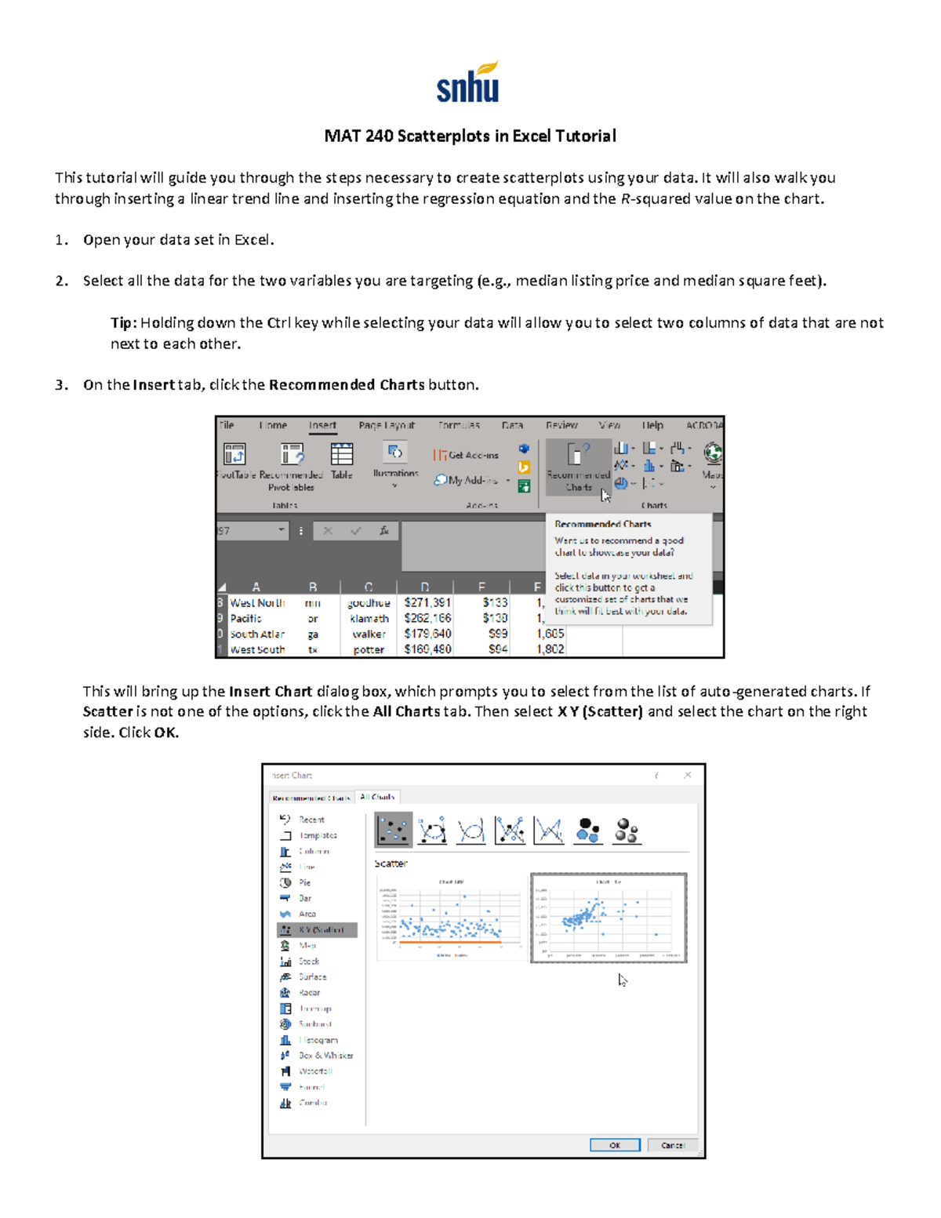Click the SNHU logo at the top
pyautogui.click(x=468, y=83)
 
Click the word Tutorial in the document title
pyautogui.click(x=585, y=136)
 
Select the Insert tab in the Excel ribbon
pyautogui.click(x=322, y=425)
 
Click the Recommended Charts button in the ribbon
pyautogui.click(x=578, y=467)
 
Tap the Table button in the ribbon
pyautogui.click(x=341, y=461)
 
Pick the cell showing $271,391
pyautogui.click(x=427, y=603)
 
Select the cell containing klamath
pyautogui.click(x=369, y=619)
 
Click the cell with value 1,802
pyautogui.click(x=550, y=649)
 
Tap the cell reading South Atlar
pyautogui.click(x=257, y=634)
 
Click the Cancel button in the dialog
pyautogui.click(x=672, y=1145)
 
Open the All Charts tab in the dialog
pyautogui.click(x=377, y=797)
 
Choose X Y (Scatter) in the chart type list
pyautogui.click(x=318, y=930)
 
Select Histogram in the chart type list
pyautogui.click(x=318, y=1040)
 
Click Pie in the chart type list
pyautogui.click(x=304, y=882)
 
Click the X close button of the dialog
pyautogui.click(x=687, y=775)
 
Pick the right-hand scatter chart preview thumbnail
pyautogui.click(x=609, y=918)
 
